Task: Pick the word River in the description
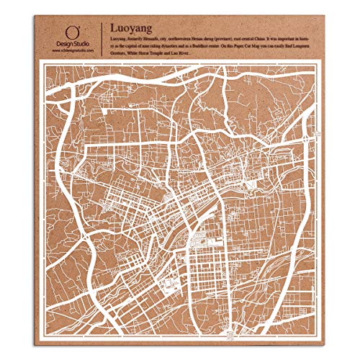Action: [x=225, y=53]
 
